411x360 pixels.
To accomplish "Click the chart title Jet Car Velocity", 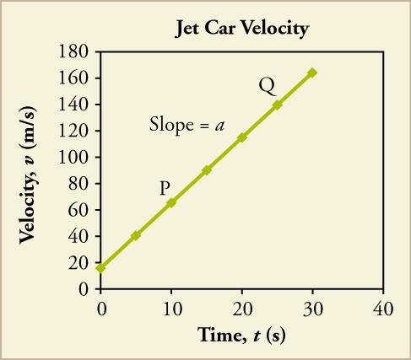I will coord(241,29).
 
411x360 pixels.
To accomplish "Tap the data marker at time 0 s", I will coord(100,268).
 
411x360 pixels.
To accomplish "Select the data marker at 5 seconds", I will coord(136,235).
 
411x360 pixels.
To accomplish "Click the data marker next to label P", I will coord(171,202).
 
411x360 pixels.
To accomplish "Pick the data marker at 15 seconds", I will coord(206,169).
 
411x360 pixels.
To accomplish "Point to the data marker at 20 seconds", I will coord(242,137).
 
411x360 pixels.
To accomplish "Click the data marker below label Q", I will coord(277,105).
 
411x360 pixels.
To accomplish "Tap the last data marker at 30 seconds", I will coord(312,73).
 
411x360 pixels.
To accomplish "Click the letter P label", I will coord(165,187).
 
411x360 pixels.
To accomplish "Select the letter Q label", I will coord(267,85).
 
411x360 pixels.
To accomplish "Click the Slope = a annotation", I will coord(187,126).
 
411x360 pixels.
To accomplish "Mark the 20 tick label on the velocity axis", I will coord(80,262).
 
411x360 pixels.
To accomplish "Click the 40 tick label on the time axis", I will coord(382,305).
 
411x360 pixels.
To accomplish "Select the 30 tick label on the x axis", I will coord(312,305).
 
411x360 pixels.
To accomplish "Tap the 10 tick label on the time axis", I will coord(171,305).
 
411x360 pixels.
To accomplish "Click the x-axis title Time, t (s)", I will coord(241,335).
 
